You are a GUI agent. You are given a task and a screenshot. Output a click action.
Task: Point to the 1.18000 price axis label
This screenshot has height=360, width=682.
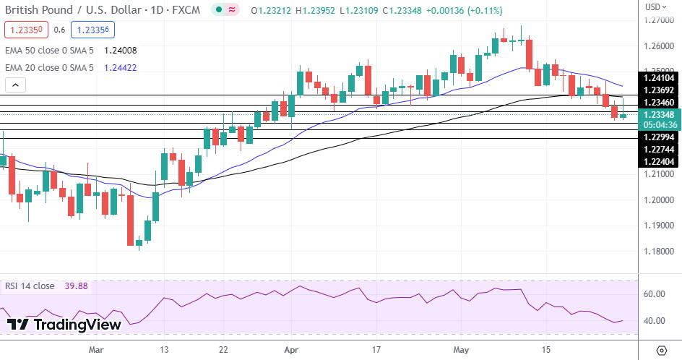coord(658,251)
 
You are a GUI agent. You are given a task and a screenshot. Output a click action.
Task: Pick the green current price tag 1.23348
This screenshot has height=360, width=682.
coord(658,114)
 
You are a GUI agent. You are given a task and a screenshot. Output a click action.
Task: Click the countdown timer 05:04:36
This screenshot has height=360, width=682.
coord(658,124)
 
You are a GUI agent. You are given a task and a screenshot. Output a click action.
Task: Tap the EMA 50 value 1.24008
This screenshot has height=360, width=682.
coord(120,51)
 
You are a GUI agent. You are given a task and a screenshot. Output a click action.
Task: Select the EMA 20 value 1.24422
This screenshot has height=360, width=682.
coord(120,68)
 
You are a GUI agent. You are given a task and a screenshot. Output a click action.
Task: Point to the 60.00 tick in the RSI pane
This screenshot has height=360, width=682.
coord(654,294)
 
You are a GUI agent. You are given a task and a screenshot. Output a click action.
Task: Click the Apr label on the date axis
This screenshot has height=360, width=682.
coord(292,350)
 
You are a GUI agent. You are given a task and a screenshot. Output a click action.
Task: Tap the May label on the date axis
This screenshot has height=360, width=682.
coord(460,350)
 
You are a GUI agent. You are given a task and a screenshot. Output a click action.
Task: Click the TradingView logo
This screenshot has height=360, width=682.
coord(64,325)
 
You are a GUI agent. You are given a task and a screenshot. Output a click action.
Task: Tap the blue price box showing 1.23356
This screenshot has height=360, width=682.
coord(92,30)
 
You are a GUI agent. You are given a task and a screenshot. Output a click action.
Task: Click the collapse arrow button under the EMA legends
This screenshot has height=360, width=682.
coord(15,85)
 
